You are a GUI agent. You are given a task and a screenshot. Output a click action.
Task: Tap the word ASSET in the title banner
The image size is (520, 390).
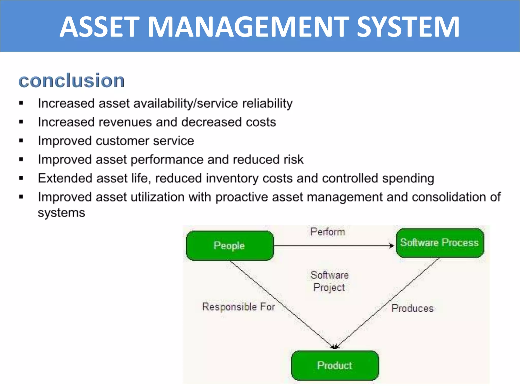100,27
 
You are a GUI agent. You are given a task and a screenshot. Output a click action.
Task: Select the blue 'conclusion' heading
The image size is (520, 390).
72,80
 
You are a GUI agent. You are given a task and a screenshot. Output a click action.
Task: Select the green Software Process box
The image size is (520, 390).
440,243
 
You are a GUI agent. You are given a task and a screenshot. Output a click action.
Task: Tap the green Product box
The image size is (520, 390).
335,365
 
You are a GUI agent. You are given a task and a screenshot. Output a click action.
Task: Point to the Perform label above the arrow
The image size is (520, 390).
328,232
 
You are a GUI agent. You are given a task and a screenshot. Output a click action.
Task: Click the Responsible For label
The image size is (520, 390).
238,307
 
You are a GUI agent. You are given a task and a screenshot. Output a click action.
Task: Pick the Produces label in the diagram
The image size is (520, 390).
412,308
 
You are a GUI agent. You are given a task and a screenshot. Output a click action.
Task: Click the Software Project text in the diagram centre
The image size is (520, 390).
329,281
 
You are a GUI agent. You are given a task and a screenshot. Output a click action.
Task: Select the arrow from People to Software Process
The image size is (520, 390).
330,246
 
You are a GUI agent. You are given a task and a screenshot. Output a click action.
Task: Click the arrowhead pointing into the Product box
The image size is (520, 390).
335,347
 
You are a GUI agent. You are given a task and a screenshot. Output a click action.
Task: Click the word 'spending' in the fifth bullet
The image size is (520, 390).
408,178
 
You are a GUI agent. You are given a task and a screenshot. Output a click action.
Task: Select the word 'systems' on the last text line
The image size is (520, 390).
61,213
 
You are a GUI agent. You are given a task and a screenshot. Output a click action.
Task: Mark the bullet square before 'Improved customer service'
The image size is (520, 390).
21,141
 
